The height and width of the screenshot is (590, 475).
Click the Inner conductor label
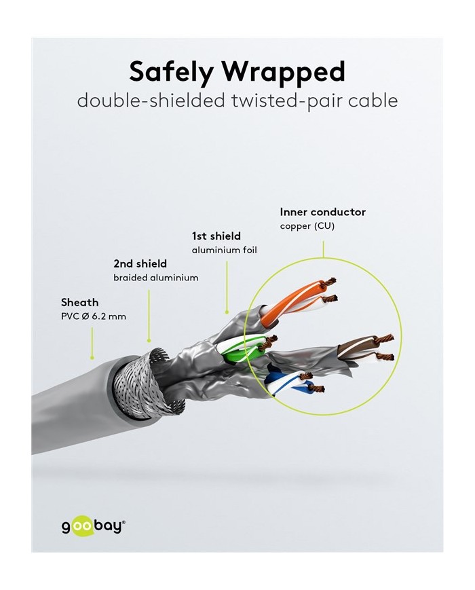click(322, 212)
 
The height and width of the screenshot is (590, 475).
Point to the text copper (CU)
click(307, 226)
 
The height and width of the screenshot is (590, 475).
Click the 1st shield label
click(216, 236)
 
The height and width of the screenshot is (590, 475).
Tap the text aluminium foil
click(224, 251)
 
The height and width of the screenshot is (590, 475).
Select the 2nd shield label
click(140, 263)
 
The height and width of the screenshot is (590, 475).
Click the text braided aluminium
click(155, 278)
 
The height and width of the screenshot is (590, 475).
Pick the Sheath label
click(79, 302)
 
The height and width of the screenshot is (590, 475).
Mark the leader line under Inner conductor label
click(323, 247)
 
